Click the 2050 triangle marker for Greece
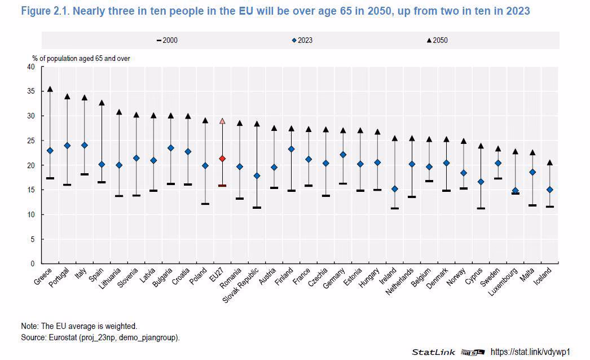pyautogui.click(x=50, y=89)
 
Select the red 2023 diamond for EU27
pyautogui.click(x=222, y=159)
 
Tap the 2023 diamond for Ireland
pyautogui.click(x=395, y=189)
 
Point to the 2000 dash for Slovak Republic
pyautogui.click(x=257, y=208)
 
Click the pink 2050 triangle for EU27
pyautogui.click(x=222, y=121)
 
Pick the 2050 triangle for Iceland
pyautogui.click(x=550, y=163)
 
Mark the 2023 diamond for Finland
pyautogui.click(x=291, y=149)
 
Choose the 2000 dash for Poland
pyautogui.click(x=205, y=204)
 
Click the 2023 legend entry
pyautogui.click(x=302, y=40)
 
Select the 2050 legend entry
pyautogui.click(x=437, y=40)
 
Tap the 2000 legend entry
pyautogui.click(x=167, y=40)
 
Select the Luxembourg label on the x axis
pyautogui.click(x=503, y=282)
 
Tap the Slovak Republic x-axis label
pyautogui.click(x=241, y=285)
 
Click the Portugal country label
pyautogui.click(x=59, y=277)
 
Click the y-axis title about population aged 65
pyautogui.click(x=81, y=59)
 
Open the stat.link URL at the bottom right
pyautogui.click(x=530, y=352)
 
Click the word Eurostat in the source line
pyautogui.click(x=63, y=337)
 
